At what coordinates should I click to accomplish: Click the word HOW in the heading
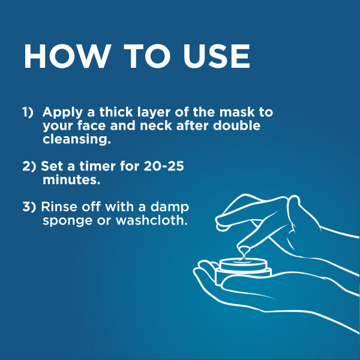(67, 56)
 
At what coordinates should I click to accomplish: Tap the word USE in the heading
(216, 56)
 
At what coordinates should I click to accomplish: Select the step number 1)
(28, 112)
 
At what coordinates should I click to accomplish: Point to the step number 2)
(29, 166)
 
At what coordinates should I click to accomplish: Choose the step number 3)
(29, 206)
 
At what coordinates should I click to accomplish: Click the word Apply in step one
(62, 113)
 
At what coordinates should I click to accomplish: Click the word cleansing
(77, 140)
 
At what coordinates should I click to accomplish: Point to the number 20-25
(164, 166)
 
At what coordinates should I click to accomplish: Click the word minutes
(71, 180)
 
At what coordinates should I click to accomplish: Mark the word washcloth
(152, 220)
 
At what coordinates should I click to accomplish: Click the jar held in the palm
(244, 271)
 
